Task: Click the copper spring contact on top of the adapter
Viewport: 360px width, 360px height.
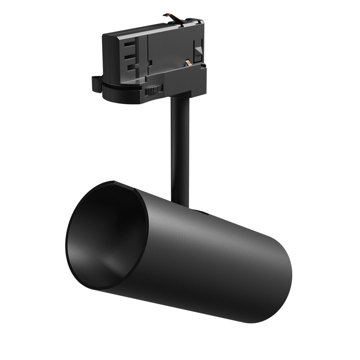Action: [172, 17]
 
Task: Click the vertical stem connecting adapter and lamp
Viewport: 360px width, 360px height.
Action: [178, 144]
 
